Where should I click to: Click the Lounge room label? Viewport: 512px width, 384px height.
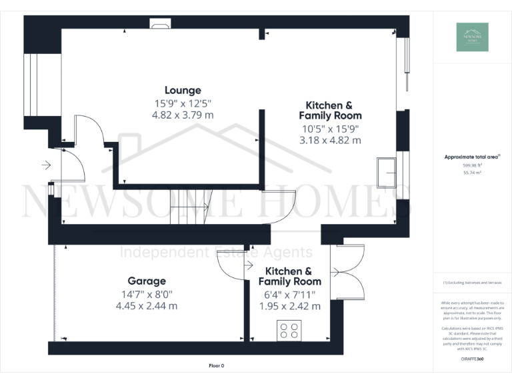click(183, 90)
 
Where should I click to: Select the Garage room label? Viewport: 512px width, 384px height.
click(147, 281)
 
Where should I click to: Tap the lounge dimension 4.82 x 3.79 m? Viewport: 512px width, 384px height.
click(183, 115)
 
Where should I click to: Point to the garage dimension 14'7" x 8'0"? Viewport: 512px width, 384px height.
click(147, 293)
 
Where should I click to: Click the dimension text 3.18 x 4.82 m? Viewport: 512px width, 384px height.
click(329, 140)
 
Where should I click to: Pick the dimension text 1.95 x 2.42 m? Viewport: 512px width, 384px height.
click(289, 306)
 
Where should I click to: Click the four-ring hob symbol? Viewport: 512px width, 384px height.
click(289, 331)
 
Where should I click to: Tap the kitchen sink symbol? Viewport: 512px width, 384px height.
click(387, 172)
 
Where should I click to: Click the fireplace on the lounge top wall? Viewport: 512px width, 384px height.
click(161, 25)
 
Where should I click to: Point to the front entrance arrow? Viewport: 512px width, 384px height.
click(46, 165)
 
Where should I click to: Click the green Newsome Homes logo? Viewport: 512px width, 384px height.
click(472, 37)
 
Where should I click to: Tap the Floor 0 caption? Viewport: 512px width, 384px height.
click(217, 366)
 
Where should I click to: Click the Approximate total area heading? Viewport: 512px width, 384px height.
click(471, 157)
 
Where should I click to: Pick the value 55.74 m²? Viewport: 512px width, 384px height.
click(472, 172)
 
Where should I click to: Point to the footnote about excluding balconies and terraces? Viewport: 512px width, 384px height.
click(472, 283)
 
